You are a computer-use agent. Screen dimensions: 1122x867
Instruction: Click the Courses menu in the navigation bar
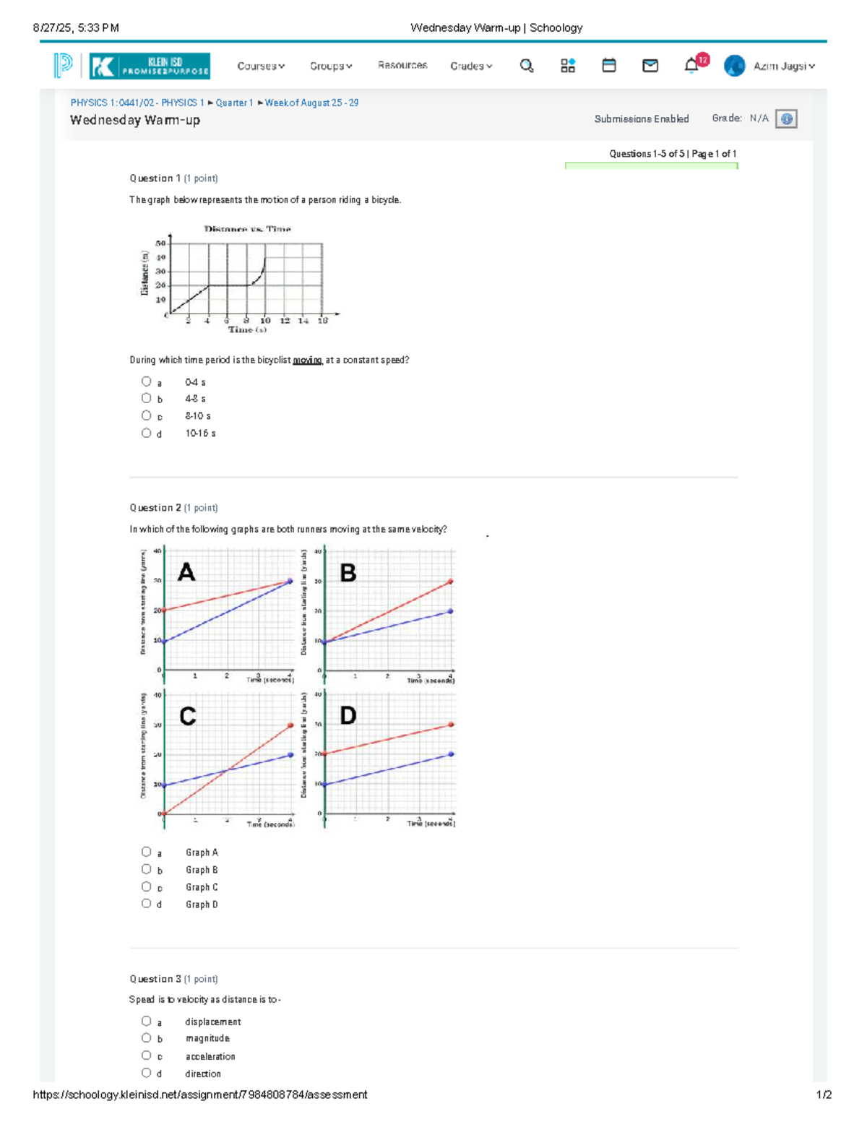tap(260, 66)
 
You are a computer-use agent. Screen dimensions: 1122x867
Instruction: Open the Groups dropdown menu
tap(331, 66)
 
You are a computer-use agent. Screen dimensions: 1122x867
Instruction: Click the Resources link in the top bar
tap(402, 66)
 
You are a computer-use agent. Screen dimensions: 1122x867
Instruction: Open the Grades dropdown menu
tap(471, 66)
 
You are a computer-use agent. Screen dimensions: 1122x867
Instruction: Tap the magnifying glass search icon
tap(527, 66)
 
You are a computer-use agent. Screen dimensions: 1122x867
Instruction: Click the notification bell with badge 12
tap(692, 66)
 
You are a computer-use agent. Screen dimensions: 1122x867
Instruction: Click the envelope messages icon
tap(650, 66)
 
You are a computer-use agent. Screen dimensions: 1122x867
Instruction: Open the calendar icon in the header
tap(609, 66)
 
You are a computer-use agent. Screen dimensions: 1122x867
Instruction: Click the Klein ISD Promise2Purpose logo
tap(150, 66)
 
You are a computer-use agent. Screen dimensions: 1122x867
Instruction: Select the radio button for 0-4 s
tap(147, 381)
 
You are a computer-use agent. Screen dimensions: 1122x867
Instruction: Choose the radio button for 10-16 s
tap(147, 433)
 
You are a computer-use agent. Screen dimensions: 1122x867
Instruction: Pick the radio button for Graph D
tap(147, 904)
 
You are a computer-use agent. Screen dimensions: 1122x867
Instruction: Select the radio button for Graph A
tap(147, 852)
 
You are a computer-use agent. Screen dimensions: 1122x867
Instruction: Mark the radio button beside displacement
tap(147, 1021)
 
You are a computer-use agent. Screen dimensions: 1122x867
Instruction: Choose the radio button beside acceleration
tap(147, 1056)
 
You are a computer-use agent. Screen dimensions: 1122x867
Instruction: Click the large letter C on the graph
tap(187, 717)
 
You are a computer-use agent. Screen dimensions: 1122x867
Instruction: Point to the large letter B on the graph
tap(348, 574)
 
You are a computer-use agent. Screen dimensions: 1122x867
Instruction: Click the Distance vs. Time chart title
tap(247, 229)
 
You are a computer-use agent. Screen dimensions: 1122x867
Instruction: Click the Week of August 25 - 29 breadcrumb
tap(311, 103)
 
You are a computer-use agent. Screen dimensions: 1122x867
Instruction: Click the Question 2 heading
tap(155, 508)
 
